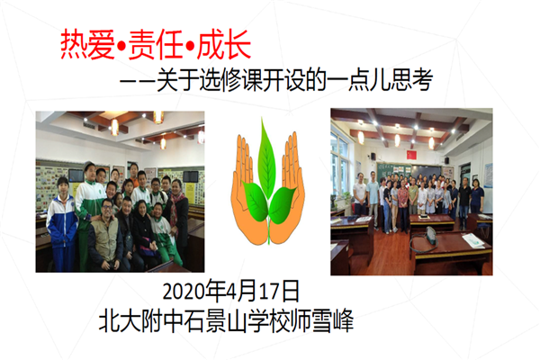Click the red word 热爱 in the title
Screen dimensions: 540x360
[87, 45]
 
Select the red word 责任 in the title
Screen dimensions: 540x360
[156, 45]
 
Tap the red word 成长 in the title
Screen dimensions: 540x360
[224, 45]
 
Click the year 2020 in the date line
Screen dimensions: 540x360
[184, 292]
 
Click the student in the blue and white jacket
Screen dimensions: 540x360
[62, 224]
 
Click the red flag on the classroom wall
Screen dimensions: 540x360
[411, 155]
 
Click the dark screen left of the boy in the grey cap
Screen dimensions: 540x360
[76, 175]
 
